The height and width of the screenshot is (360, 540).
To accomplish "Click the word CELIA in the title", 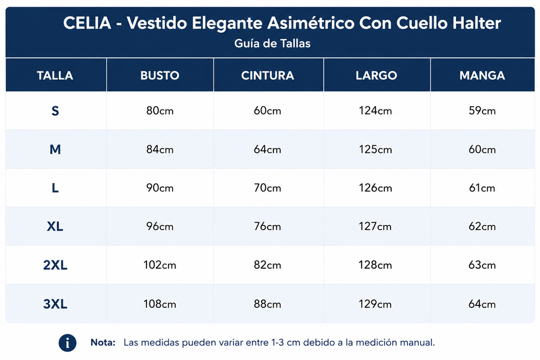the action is coord(87,23).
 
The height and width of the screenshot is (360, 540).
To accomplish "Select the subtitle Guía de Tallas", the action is coord(272,43).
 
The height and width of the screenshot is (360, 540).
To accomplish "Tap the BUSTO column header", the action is coord(160,76).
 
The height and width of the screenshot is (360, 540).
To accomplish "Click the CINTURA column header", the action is coord(268,76).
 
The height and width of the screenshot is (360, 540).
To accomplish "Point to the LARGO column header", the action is coord(376,76).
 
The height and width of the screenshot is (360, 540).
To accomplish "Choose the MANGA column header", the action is coord(482,76).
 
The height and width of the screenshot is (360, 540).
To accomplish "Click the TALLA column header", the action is coord(55,76).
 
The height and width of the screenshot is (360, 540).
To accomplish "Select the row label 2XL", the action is coord(55,265).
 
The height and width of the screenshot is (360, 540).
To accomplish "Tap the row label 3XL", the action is coord(55,304).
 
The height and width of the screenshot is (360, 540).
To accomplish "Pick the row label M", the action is coord(55,149).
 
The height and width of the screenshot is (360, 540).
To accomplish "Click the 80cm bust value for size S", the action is coord(160,110).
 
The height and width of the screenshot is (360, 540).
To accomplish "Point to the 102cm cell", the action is coord(160,265).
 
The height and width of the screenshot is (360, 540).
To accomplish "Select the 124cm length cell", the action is coord(376,110).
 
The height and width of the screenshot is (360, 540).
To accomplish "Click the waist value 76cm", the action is coord(268,226).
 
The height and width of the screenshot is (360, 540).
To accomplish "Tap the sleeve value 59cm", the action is coord(482,110).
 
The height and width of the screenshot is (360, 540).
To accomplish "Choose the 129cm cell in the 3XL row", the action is coord(376,304).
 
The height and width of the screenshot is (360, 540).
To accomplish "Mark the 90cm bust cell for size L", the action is coord(160,188).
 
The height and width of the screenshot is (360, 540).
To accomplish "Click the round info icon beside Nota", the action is coord(67,343).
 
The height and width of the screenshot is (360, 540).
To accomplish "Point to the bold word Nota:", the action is coord(103,343).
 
